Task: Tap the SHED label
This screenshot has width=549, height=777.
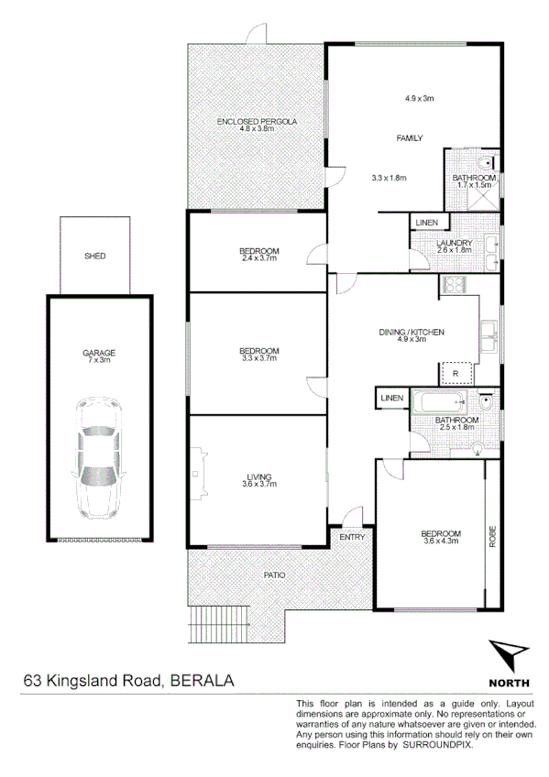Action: click(94, 257)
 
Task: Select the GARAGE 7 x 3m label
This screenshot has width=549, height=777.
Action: click(98, 356)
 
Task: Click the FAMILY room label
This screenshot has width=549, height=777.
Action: click(409, 138)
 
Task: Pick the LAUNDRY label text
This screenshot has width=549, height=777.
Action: click(454, 243)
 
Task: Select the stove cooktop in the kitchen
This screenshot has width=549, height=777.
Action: click(454, 285)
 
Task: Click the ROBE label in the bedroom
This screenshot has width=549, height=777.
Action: click(492, 536)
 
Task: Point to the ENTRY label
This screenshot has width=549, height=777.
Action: click(352, 538)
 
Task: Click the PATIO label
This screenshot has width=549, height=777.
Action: click(274, 575)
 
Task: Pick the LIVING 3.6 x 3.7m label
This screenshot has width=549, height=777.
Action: click(258, 480)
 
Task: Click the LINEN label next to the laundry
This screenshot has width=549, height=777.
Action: click(426, 223)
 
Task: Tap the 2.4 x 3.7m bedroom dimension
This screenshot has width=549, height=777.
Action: click(258, 257)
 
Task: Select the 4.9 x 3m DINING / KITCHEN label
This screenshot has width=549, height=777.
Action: click(412, 335)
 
